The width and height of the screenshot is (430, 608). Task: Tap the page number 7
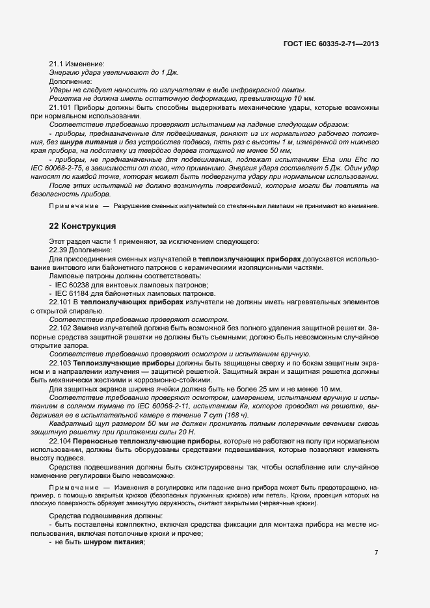[x=377, y=553]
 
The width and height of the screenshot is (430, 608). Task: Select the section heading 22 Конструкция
[x=83, y=226]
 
